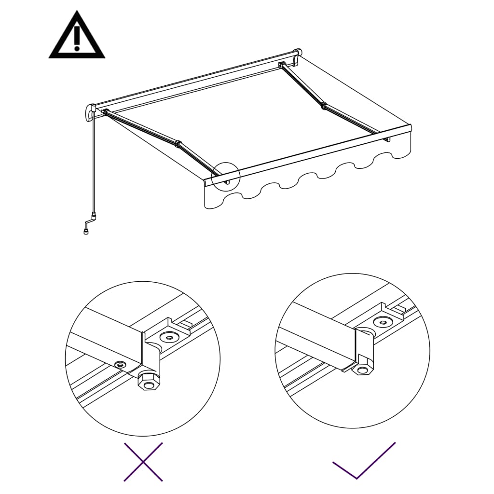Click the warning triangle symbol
click(x=77, y=37)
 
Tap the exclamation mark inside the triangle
click(x=77, y=39)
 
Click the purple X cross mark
click(x=143, y=462)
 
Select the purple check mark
click(x=364, y=461)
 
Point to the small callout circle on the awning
click(x=225, y=177)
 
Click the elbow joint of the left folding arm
click(x=178, y=144)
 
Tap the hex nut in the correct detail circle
click(x=362, y=369)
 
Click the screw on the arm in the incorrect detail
click(x=120, y=364)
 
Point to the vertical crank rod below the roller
click(x=93, y=164)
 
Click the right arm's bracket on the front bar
click(x=387, y=139)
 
